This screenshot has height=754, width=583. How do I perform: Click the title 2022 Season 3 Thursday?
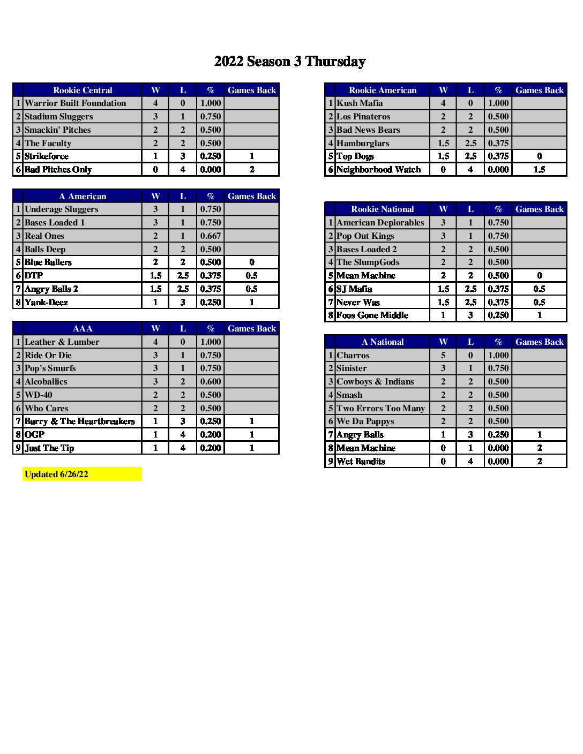point(290,62)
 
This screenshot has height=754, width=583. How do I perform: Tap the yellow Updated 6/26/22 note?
point(56,474)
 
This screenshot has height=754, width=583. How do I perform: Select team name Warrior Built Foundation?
point(76,103)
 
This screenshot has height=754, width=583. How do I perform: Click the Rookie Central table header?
point(83,90)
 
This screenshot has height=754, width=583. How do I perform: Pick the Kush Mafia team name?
point(360,103)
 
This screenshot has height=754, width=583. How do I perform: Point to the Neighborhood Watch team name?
point(378,170)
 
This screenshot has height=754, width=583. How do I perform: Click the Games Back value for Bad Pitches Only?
point(251,170)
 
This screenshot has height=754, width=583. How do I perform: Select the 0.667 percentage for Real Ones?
point(211,236)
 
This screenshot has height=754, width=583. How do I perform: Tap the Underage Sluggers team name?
point(62,209)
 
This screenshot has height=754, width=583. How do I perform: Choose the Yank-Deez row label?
point(46,302)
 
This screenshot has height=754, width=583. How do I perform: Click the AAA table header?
point(83,328)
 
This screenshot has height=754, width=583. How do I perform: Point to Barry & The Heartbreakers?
point(80,421)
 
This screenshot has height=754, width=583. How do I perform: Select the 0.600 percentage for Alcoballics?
point(211,381)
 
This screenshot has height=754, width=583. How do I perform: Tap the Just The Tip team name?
point(49,448)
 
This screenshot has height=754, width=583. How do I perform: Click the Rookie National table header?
point(383,209)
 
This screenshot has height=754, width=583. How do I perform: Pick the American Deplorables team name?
point(380,222)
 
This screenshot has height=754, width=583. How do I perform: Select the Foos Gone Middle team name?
point(372,315)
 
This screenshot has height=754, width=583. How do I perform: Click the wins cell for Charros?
point(443,355)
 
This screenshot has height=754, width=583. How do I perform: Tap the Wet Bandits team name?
point(361,461)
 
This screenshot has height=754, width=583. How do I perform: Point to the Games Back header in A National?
point(539,342)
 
